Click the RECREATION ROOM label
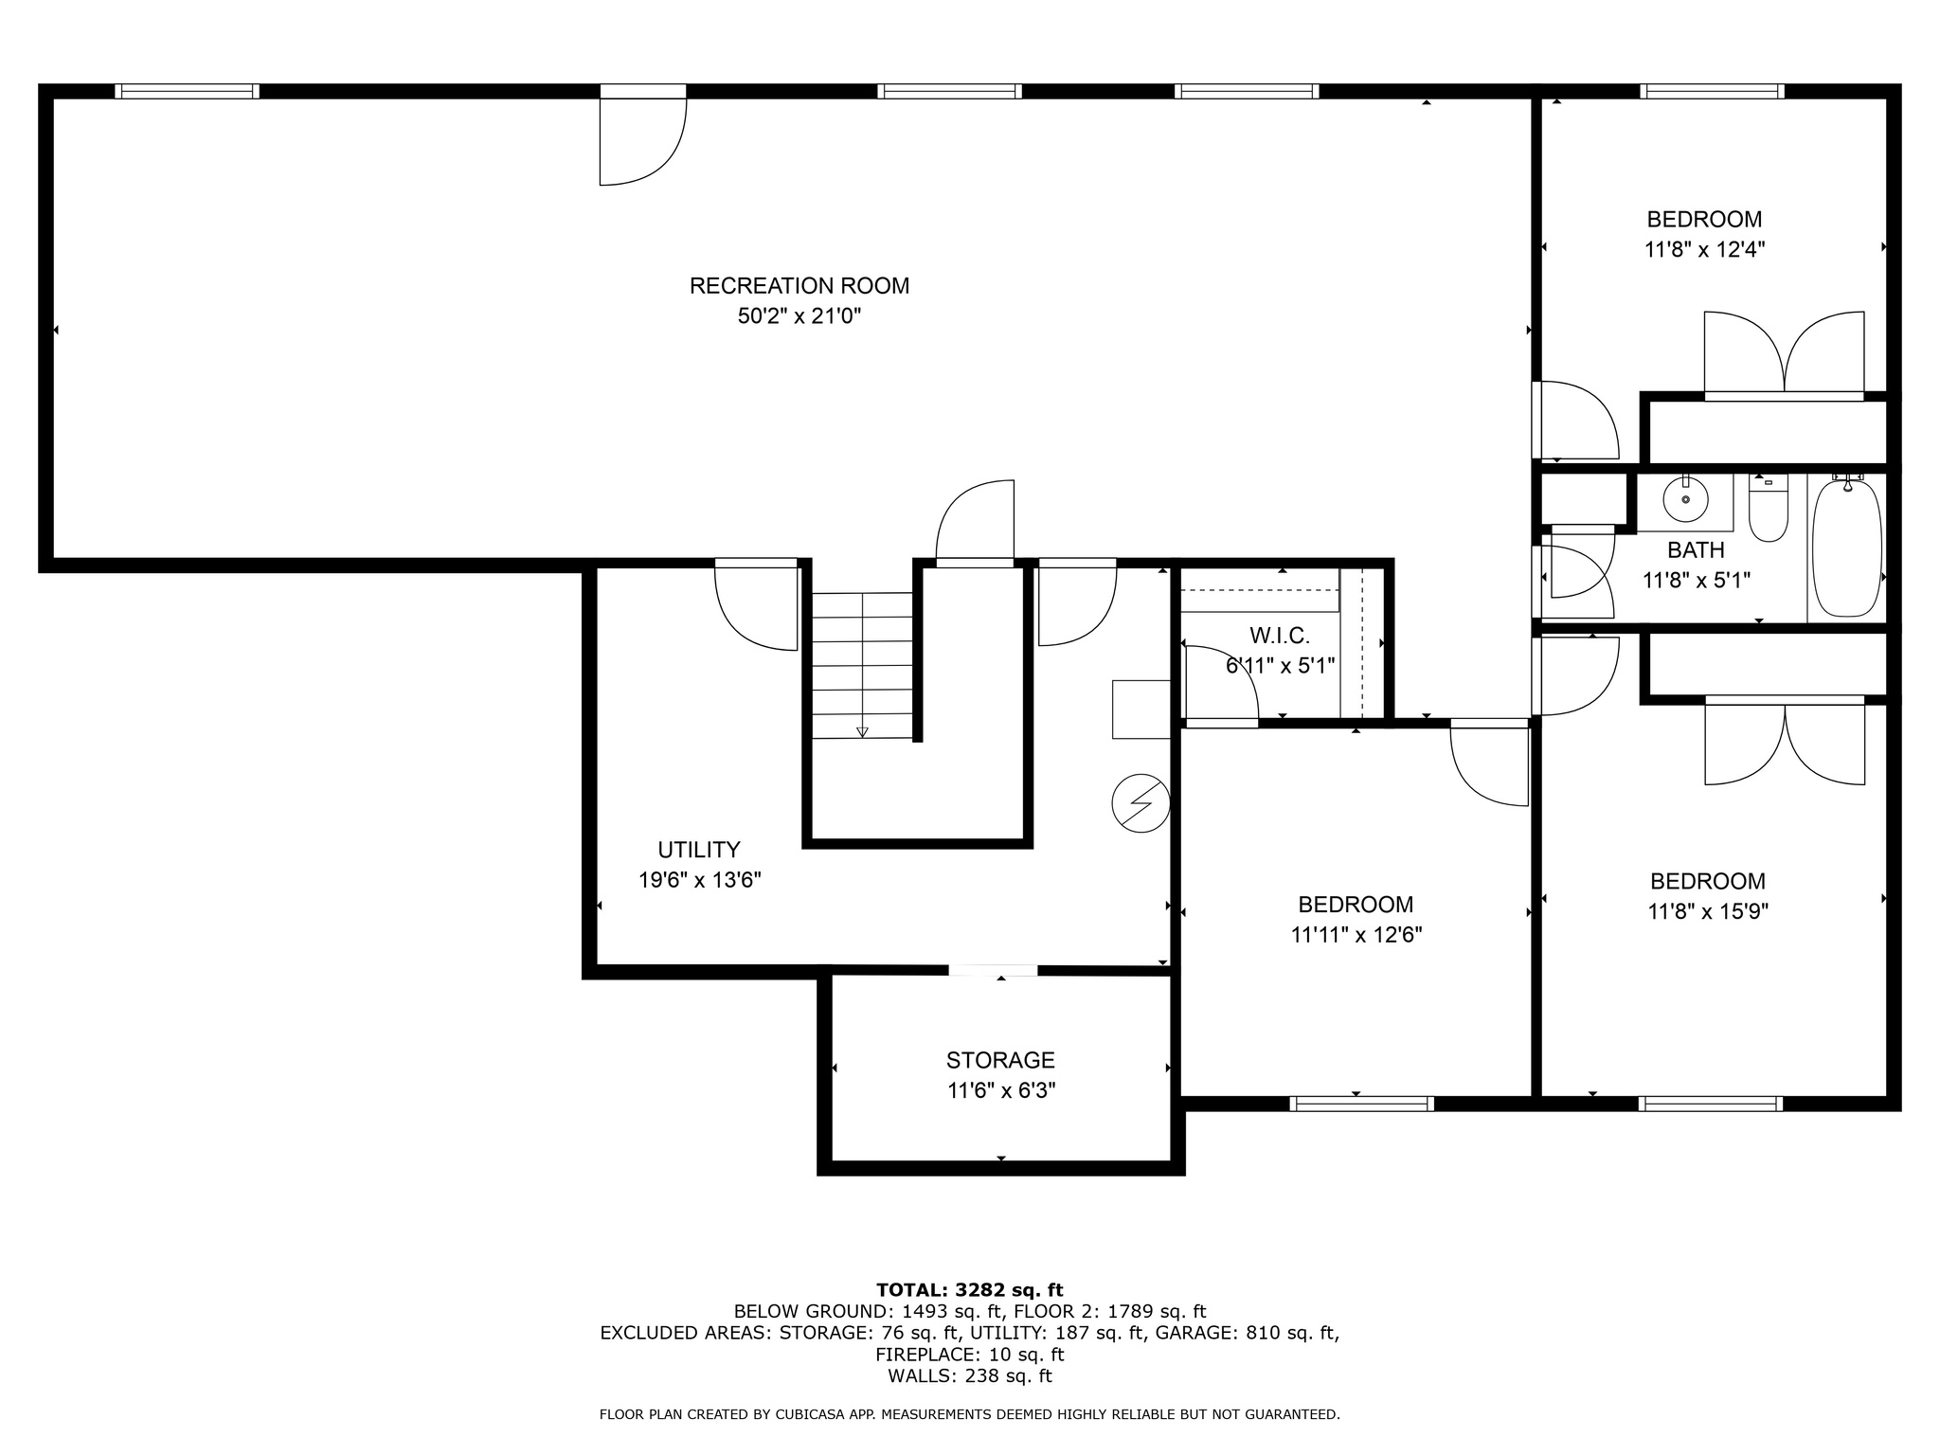click(x=799, y=285)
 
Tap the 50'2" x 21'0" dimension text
click(x=799, y=316)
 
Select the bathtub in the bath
click(x=1846, y=549)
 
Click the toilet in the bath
click(x=1768, y=512)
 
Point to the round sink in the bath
click(x=1686, y=498)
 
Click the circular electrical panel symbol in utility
click(x=1141, y=803)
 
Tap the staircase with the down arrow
click(x=862, y=665)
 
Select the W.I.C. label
click(x=1279, y=636)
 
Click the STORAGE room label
click(x=1000, y=1060)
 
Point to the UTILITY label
click(x=699, y=850)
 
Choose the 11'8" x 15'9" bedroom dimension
click(x=1708, y=912)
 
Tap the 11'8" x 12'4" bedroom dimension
click(x=1704, y=250)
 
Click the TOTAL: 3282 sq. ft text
click(x=969, y=1290)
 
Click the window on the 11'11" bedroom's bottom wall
click(x=1361, y=1103)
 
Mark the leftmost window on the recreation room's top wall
click(x=187, y=92)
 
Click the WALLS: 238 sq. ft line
click(x=969, y=1376)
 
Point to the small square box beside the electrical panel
click(x=1141, y=709)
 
